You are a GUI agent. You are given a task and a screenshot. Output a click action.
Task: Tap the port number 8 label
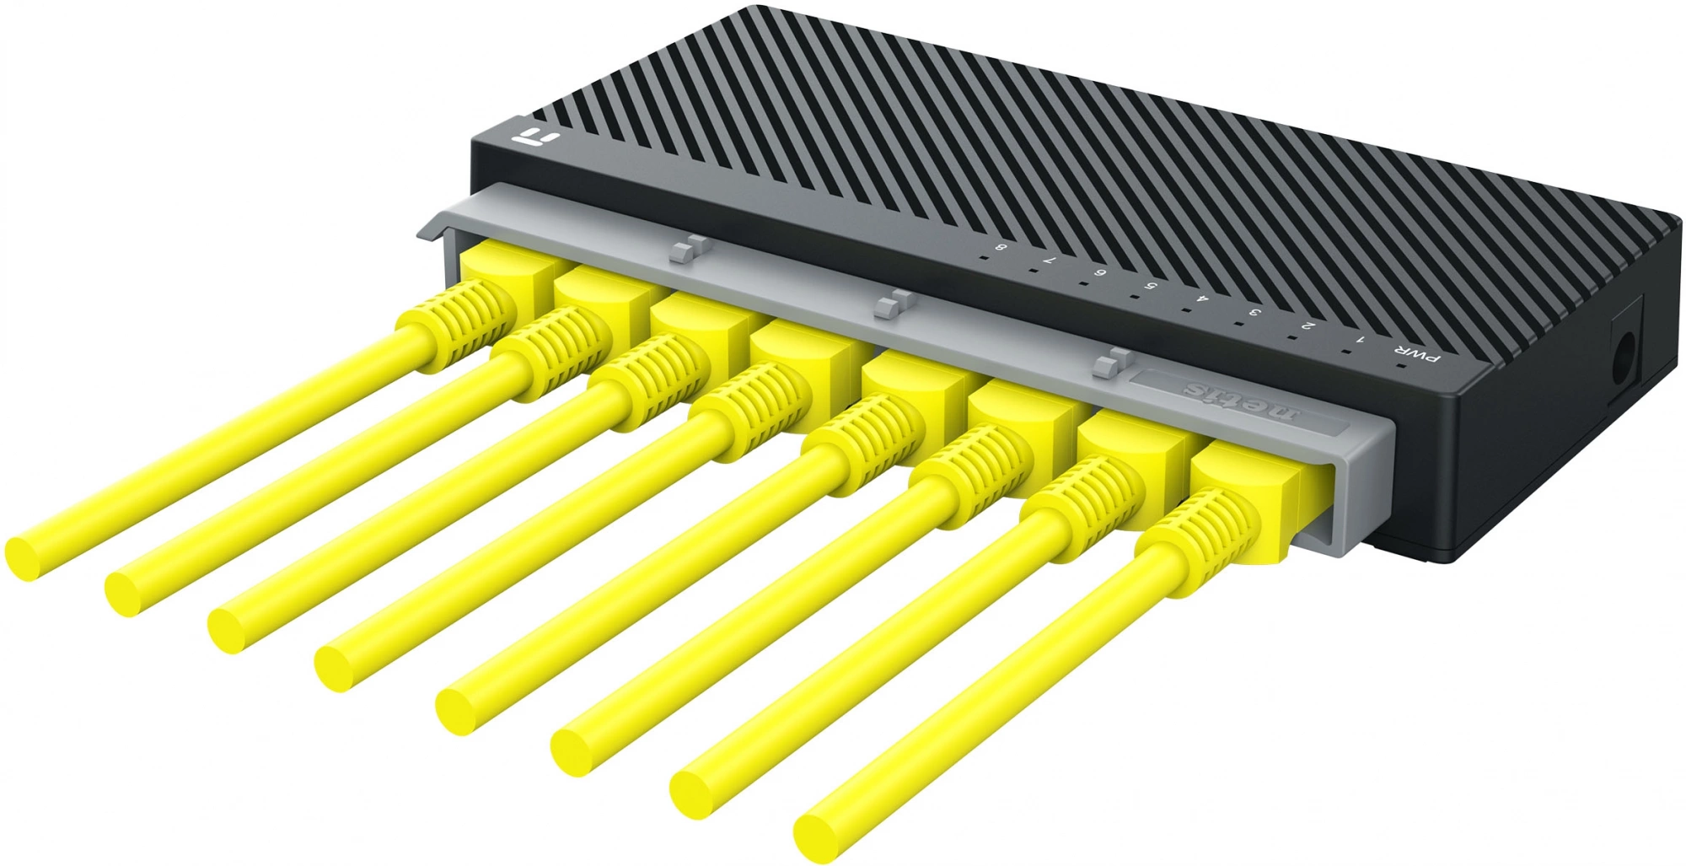click(1001, 247)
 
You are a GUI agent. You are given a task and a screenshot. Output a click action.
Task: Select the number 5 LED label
click(1151, 286)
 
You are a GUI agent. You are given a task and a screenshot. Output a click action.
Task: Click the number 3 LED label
click(1256, 312)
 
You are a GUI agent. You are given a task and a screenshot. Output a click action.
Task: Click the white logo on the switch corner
click(532, 137)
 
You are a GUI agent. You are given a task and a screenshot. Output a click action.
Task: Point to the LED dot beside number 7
click(1031, 272)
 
